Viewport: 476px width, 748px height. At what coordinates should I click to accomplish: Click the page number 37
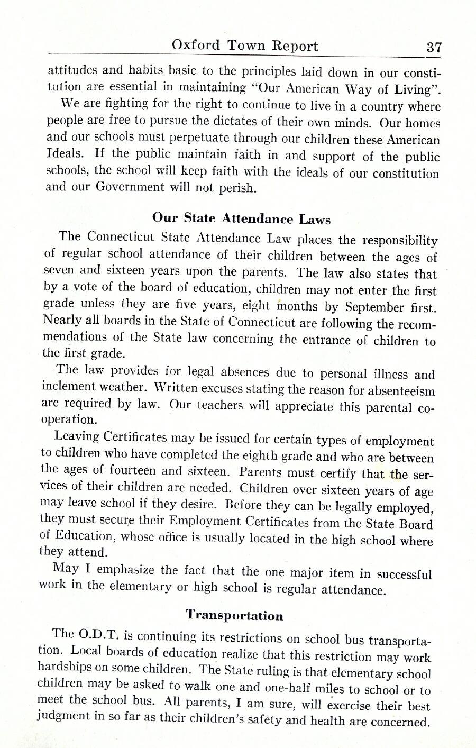coord(434,47)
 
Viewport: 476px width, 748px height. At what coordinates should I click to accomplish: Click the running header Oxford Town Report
coord(245,45)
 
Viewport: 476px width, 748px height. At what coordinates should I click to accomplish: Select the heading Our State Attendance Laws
coord(241,218)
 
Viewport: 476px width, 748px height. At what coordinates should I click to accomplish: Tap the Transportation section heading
coord(234,615)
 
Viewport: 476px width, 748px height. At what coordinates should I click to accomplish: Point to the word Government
coord(130,187)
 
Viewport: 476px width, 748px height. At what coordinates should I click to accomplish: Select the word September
coord(374,307)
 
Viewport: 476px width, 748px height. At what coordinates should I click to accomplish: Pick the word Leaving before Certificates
coord(77,437)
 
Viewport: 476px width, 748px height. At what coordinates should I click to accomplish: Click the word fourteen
coord(132,470)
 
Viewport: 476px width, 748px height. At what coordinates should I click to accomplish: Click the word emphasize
coord(126,570)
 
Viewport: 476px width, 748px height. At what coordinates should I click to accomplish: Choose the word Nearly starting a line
coord(61,320)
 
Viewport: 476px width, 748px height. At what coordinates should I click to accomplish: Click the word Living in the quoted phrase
coord(416,87)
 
